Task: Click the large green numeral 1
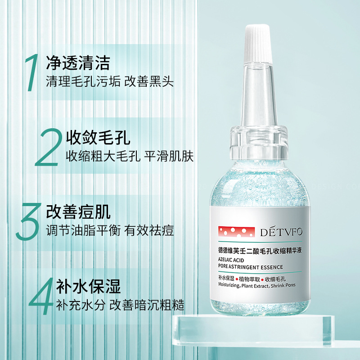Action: click(32, 72)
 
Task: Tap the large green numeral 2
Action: click(49, 147)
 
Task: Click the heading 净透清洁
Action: click(78, 63)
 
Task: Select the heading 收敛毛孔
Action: click(98, 137)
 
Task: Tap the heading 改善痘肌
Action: click(78, 211)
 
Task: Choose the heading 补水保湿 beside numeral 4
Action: click(88, 286)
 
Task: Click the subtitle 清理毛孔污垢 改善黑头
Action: click(110, 81)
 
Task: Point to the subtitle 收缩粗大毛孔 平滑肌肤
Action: click(130, 156)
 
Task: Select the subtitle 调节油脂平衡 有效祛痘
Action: click(110, 230)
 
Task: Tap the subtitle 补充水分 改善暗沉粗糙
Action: click(120, 305)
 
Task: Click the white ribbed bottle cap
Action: click(258, 44)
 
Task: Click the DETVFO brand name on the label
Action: click(281, 232)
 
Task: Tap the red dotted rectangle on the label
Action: click(237, 232)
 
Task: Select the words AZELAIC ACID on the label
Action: click(231, 260)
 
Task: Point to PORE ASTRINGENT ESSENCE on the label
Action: click(251, 267)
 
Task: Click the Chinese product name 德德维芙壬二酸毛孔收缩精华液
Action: click(260, 251)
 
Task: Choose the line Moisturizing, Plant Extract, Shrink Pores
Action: click(256, 286)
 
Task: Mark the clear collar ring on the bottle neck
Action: click(259, 142)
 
